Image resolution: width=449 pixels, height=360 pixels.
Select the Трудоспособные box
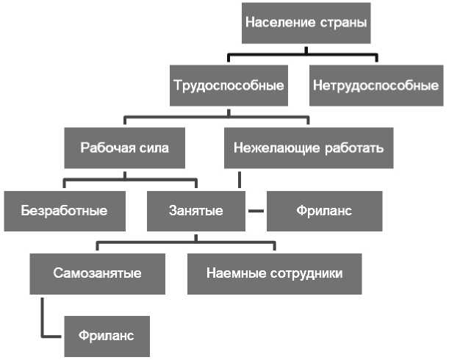(228, 85)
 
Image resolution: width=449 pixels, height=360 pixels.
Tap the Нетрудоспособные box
(376, 85)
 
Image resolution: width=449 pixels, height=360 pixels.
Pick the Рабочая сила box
(124, 148)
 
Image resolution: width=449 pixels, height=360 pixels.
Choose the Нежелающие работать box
(309, 148)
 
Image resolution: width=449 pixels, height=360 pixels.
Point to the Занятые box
(196, 211)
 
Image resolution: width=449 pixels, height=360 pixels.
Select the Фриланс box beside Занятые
(324, 211)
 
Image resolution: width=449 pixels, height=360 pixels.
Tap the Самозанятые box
(97, 273)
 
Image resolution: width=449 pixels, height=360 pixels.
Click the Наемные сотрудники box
(274, 273)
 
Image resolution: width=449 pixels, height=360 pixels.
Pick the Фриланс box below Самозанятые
(107, 336)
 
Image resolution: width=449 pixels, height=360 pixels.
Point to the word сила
(153, 148)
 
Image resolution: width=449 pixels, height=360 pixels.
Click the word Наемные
(232, 273)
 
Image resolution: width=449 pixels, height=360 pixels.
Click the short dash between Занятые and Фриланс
(255, 211)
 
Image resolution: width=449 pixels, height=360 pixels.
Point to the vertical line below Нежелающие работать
(239, 180)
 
